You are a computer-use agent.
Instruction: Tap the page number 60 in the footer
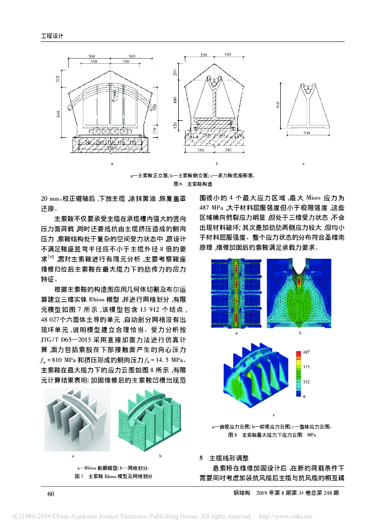click(51, 493)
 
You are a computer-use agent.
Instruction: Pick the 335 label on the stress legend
click(307, 366)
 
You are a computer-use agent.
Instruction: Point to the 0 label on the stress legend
click(304, 396)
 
